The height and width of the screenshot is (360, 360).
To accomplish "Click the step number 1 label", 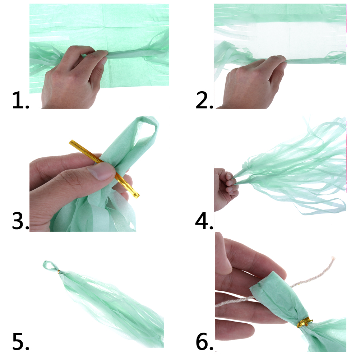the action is pyautogui.click(x=20, y=100).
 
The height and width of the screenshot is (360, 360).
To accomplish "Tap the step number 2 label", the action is pyautogui.click(x=204, y=100).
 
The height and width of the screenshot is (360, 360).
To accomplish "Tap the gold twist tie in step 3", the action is pyautogui.click(x=105, y=169).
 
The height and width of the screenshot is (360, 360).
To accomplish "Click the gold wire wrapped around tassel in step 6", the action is pyautogui.click(x=304, y=322).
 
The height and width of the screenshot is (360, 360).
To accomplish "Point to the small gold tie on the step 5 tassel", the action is pyautogui.click(x=59, y=271).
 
